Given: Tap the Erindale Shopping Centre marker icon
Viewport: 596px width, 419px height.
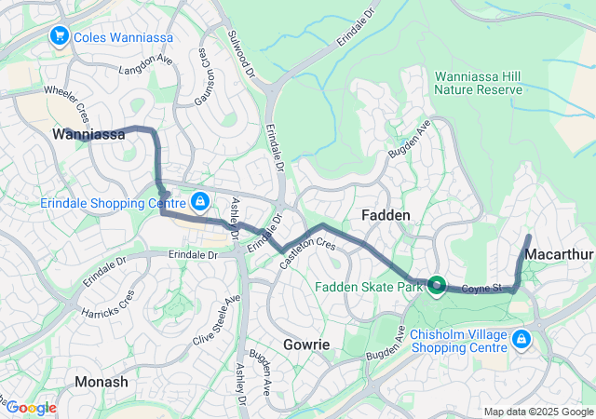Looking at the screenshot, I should [200, 201].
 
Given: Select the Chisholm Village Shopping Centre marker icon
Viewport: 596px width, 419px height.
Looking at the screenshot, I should [521, 338].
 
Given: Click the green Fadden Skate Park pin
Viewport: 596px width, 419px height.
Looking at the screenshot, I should [435, 285].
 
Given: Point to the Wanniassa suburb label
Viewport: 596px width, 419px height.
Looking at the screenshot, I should [88, 135].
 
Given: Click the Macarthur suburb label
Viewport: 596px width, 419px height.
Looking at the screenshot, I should [560, 254].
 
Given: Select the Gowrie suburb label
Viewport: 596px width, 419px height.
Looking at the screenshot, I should [306, 345].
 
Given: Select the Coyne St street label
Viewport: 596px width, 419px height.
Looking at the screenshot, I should [483, 289].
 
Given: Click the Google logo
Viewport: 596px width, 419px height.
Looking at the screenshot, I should [31, 408].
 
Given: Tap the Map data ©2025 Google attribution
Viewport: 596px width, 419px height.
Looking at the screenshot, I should [536, 412].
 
